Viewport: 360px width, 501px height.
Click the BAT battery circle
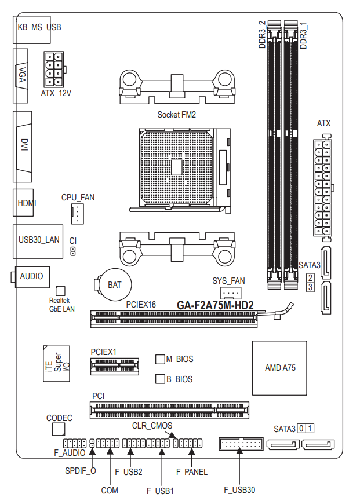coord(115,285)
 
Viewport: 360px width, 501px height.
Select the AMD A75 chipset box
coord(280,368)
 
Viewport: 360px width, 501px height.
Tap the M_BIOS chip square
coord(160,359)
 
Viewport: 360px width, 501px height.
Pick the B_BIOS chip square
coord(160,379)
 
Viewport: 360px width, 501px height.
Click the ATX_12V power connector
coord(54,70)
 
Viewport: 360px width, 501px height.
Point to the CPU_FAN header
coord(77,214)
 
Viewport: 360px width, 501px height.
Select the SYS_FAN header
coord(231,292)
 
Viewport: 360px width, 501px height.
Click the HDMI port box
coord(23,203)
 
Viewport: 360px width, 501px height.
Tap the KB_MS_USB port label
coord(39,27)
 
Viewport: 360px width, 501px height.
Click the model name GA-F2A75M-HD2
coord(215,305)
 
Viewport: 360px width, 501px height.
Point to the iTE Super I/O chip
coord(56,363)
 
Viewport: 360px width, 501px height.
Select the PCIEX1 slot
coord(115,366)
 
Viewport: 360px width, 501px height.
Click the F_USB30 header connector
coord(241,444)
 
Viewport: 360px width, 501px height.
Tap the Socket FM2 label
coord(176,115)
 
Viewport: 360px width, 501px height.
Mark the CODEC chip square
coord(59,429)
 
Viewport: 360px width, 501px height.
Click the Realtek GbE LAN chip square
coord(60,291)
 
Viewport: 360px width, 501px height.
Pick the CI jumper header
coord(73,251)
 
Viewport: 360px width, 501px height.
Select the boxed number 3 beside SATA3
coord(310,287)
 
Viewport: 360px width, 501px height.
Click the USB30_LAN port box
coord(38,242)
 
